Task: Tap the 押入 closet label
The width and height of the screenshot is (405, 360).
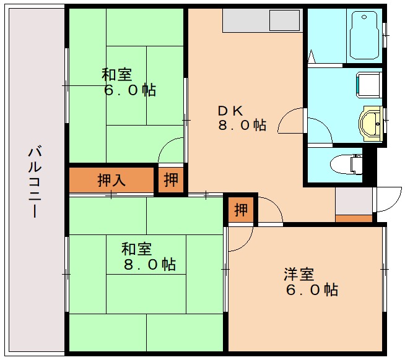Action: click(111, 181)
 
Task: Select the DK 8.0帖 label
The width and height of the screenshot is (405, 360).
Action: click(241, 118)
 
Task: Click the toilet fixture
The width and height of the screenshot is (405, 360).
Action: click(347, 164)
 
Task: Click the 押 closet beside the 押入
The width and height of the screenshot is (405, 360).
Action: click(171, 180)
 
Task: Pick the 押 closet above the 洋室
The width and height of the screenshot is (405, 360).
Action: click(240, 210)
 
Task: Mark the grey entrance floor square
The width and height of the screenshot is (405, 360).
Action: click(354, 200)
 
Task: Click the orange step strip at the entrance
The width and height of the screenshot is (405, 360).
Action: click(354, 218)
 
